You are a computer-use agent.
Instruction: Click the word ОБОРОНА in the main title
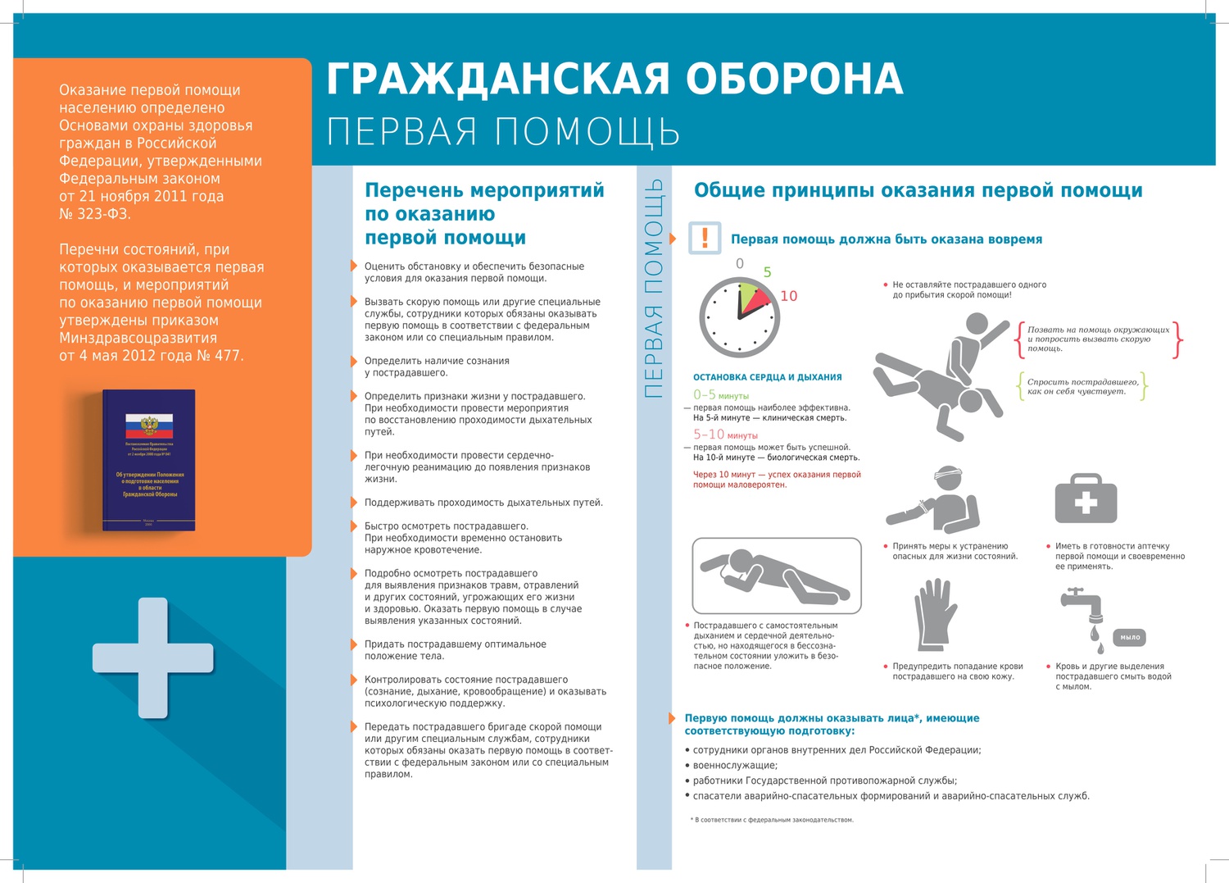pos(793,80)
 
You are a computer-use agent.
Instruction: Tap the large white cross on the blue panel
pos(153,658)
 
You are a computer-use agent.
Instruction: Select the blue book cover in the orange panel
pos(149,460)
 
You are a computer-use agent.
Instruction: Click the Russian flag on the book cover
pos(149,425)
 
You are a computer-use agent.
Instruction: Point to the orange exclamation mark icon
pos(705,238)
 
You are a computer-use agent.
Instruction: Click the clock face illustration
pos(739,317)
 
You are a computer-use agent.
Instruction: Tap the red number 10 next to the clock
pos(788,296)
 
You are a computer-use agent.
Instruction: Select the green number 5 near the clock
pos(767,272)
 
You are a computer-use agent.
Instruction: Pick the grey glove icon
pos(936,615)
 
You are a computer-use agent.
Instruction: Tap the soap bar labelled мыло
pos(1130,637)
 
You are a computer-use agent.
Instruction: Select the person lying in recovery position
pos(776,575)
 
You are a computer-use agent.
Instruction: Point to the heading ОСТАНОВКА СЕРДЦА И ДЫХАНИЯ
pos(767,377)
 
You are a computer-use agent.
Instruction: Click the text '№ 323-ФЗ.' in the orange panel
pos(95,214)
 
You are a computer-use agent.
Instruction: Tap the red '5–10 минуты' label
pos(725,435)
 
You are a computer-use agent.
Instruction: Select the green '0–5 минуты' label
pos(721,395)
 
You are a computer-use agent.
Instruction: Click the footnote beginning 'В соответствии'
pos(773,820)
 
